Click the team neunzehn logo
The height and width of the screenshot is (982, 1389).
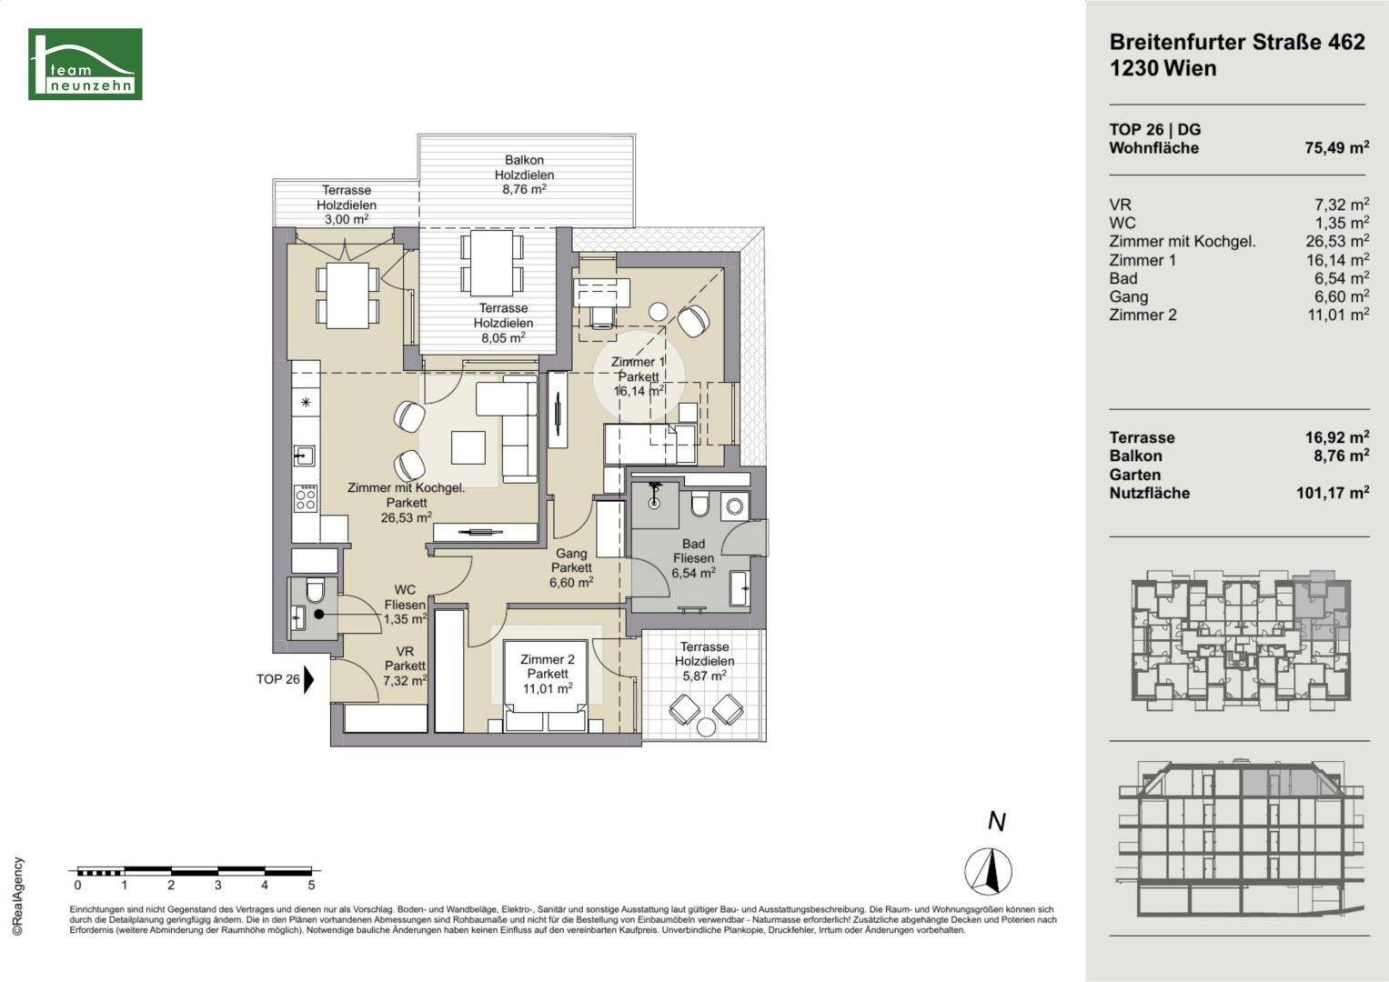pyautogui.click(x=85, y=64)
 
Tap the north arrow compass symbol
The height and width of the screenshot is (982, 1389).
pyautogui.click(x=988, y=871)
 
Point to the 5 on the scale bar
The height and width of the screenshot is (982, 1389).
pyautogui.click(x=311, y=886)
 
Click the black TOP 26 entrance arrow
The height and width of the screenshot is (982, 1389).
pyautogui.click(x=308, y=679)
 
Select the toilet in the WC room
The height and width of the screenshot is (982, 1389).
pyautogui.click(x=315, y=591)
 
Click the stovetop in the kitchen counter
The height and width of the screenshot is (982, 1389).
pyautogui.click(x=306, y=498)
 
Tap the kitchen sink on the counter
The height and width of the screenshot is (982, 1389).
pyautogui.click(x=304, y=456)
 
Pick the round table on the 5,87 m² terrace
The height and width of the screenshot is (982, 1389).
pyautogui.click(x=706, y=726)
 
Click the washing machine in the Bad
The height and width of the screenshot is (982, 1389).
pyautogui.click(x=735, y=506)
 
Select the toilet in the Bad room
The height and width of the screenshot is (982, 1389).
pyautogui.click(x=700, y=505)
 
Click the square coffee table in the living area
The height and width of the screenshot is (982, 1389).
pyautogui.click(x=468, y=447)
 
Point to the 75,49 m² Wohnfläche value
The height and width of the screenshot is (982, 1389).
pyautogui.click(x=1337, y=147)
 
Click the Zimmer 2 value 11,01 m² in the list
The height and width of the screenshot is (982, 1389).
pyautogui.click(x=1338, y=315)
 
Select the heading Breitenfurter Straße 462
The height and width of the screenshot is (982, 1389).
pyautogui.click(x=1237, y=42)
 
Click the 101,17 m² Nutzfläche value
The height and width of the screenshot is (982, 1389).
pyautogui.click(x=1333, y=493)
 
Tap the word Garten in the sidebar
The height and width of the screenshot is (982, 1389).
pyautogui.click(x=1135, y=475)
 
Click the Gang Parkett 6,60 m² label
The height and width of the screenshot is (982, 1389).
pyautogui.click(x=571, y=568)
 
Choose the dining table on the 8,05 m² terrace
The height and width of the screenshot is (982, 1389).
pyautogui.click(x=492, y=263)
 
